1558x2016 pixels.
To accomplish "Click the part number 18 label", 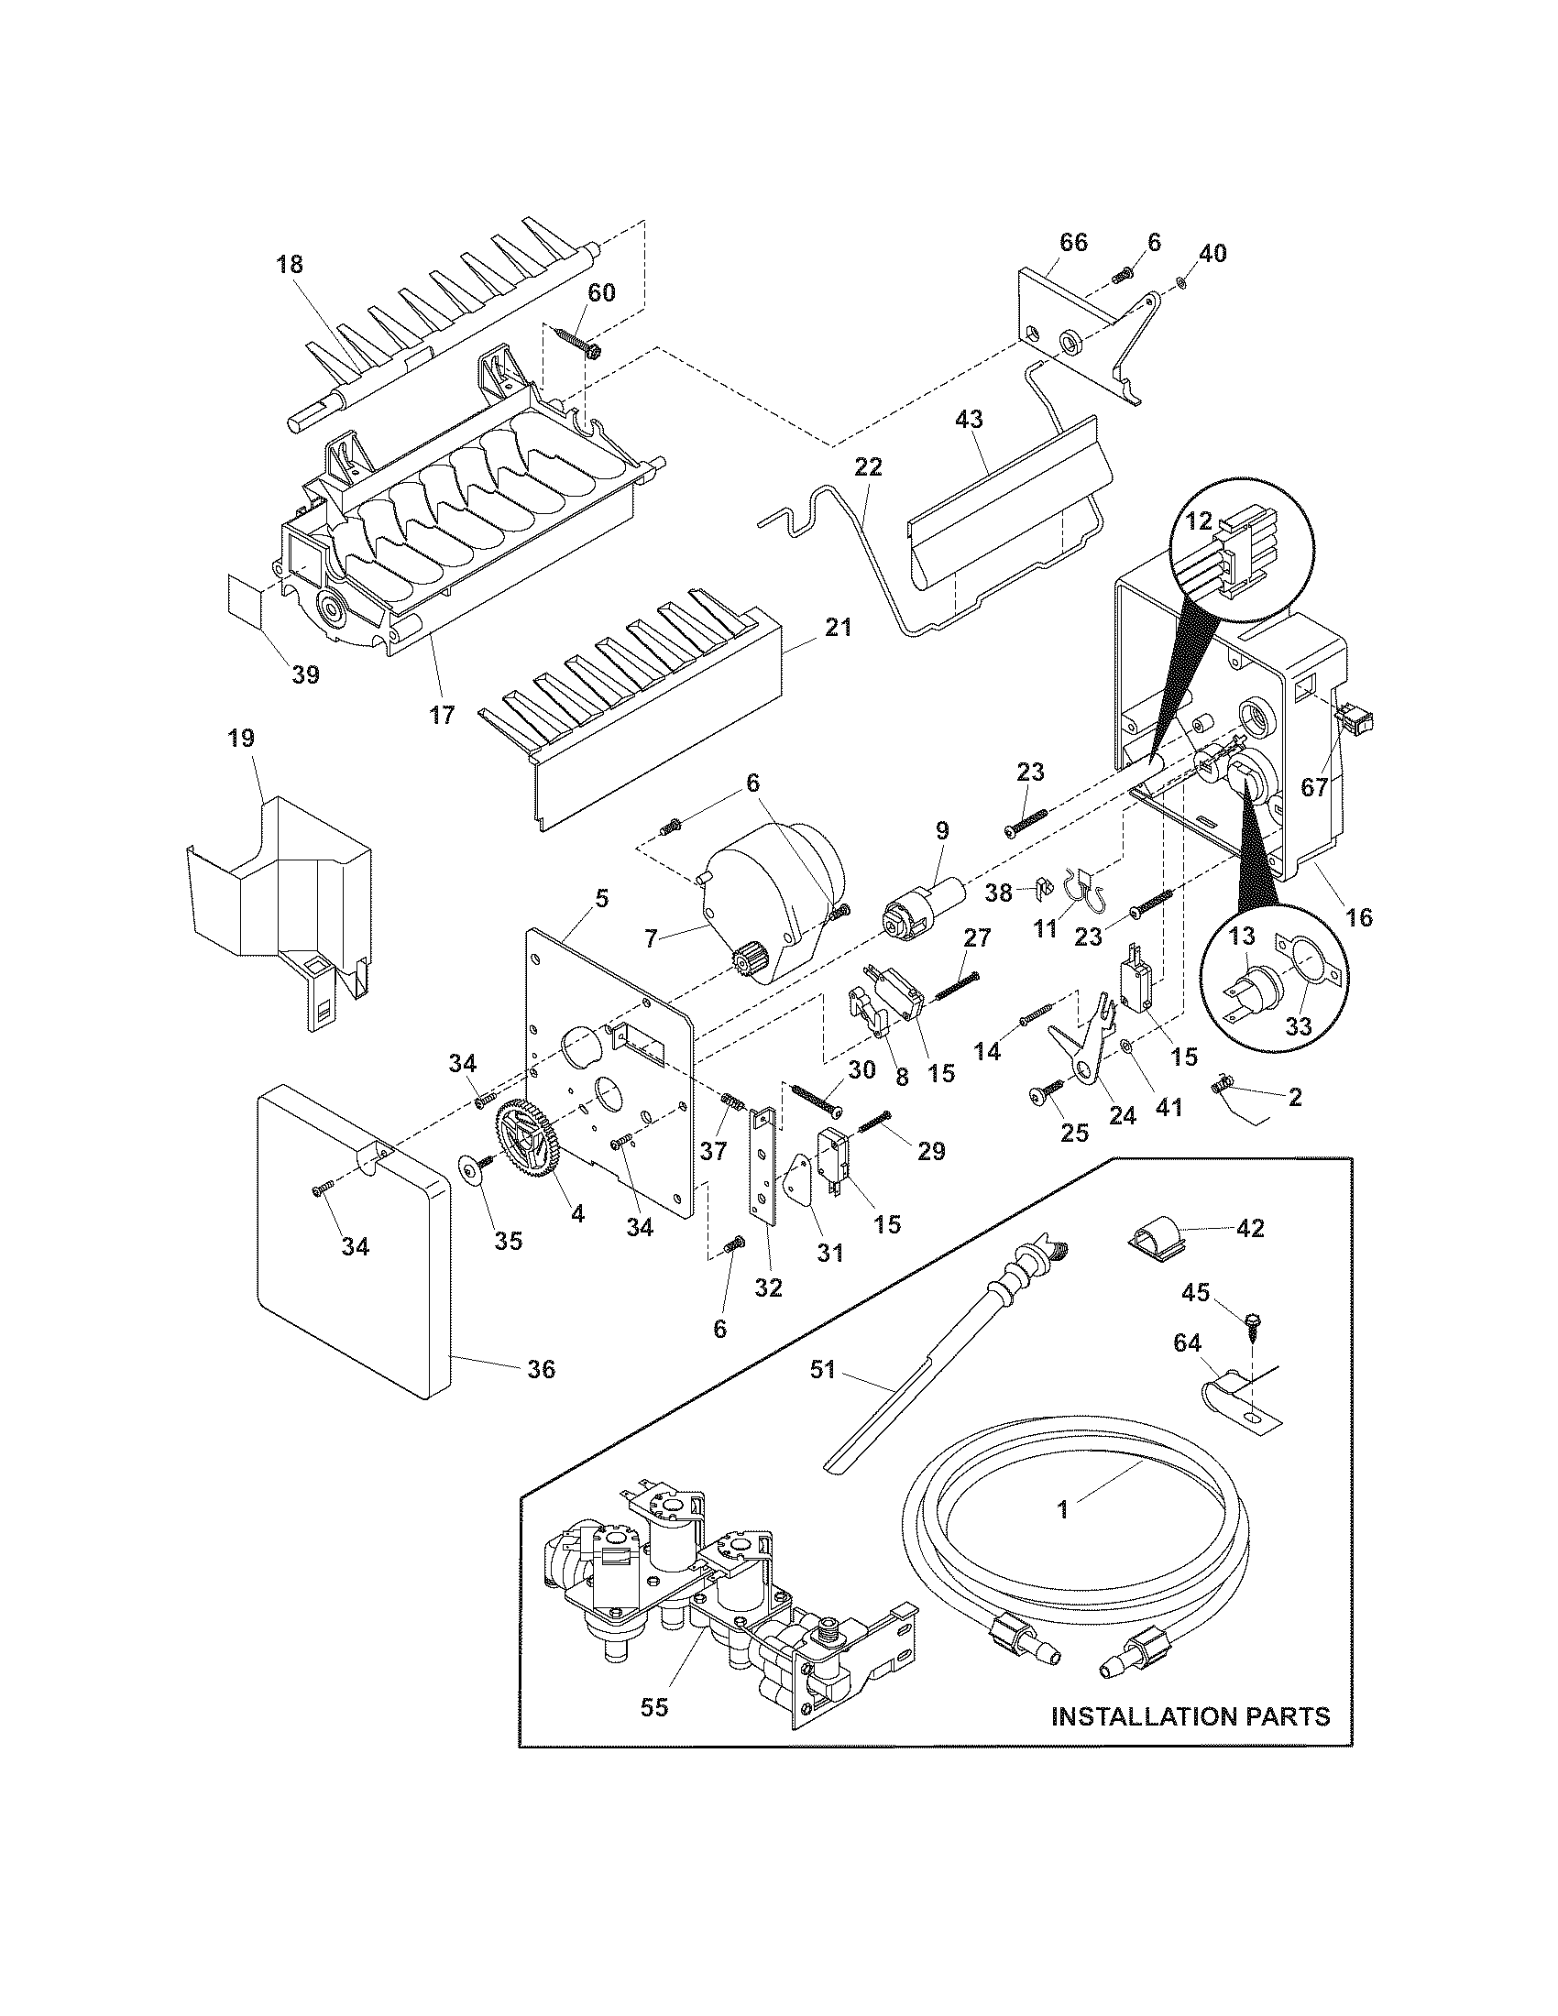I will click(x=289, y=265).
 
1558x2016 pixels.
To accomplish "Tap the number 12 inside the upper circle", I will click(x=1198, y=520).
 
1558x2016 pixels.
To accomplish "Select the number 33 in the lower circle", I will click(x=1299, y=1027).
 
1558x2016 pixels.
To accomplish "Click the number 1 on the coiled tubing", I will click(x=1063, y=1509).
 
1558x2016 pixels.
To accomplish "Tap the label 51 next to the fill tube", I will click(x=822, y=1395).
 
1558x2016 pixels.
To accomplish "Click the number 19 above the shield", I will click(x=241, y=739).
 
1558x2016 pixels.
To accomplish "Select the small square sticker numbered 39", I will click(x=245, y=597).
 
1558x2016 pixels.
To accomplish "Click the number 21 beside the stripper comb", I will click(x=838, y=628).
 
